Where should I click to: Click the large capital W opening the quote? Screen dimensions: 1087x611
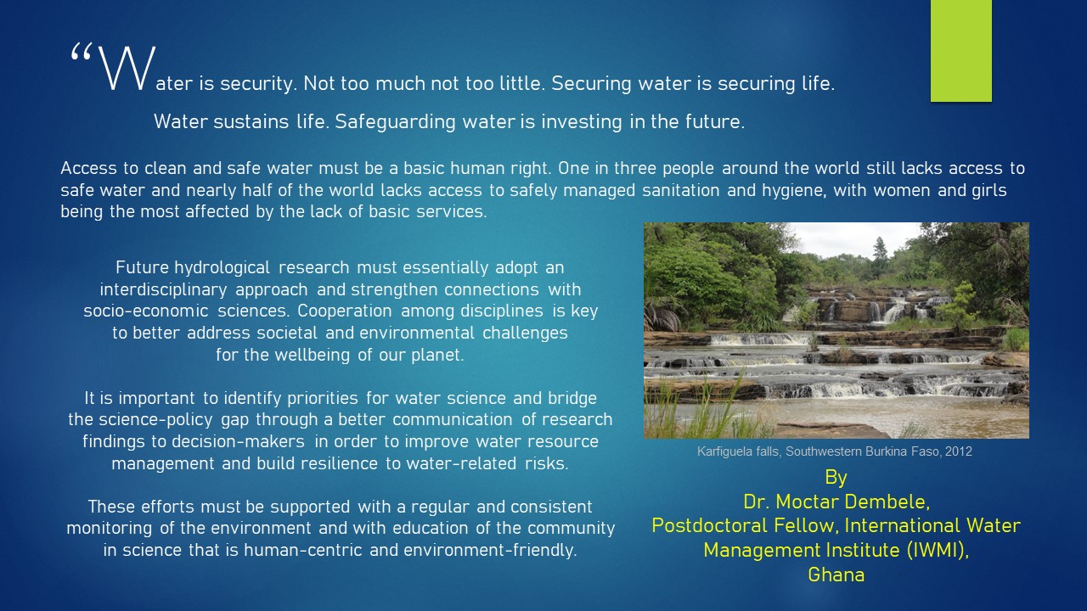[127, 69]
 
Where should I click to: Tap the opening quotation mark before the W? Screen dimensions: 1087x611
[81, 52]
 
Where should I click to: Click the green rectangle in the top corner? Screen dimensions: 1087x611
[960, 50]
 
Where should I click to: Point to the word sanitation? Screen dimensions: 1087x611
[681, 190]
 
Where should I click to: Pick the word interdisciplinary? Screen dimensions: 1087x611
[163, 290]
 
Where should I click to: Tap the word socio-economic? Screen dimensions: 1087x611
[145, 311]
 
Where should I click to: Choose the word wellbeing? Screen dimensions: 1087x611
[312, 355]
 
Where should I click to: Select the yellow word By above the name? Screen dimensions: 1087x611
[836, 478]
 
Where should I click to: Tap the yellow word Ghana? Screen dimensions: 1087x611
[836, 575]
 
